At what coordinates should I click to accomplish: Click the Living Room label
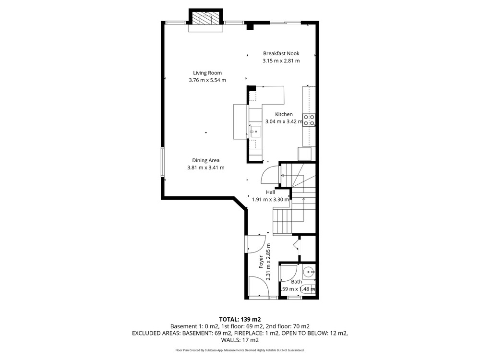pyautogui.click(x=207, y=73)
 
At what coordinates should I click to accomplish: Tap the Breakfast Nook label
pyautogui.click(x=281, y=53)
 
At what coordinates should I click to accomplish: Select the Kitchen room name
pyautogui.click(x=284, y=114)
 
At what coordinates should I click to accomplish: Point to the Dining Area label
pyautogui.click(x=206, y=160)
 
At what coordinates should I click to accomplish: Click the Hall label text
pyautogui.click(x=270, y=192)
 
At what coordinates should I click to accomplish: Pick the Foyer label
pyautogui.click(x=261, y=262)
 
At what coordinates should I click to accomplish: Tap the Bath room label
pyautogui.click(x=296, y=282)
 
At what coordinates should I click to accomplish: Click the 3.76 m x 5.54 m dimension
pyautogui.click(x=207, y=80)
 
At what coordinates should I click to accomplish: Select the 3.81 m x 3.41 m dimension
pyautogui.click(x=206, y=168)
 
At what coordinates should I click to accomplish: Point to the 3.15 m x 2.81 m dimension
pyautogui.click(x=281, y=60)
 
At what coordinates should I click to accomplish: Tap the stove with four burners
pyautogui.click(x=309, y=120)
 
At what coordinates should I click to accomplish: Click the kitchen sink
pyautogui.click(x=255, y=132)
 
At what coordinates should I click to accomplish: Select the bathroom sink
pyautogui.click(x=309, y=271)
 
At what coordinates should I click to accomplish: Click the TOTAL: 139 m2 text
pyautogui.click(x=240, y=320)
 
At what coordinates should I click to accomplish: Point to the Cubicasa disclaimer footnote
pyautogui.click(x=240, y=350)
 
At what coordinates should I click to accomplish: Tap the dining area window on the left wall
pyautogui.click(x=163, y=163)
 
